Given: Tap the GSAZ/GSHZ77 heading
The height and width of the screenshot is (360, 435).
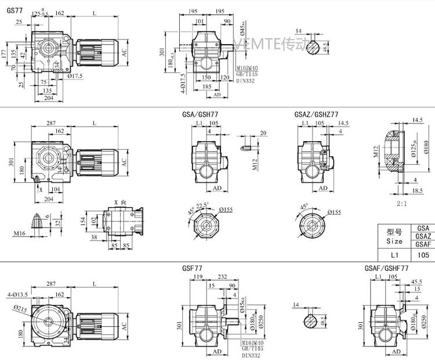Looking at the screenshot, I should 317,115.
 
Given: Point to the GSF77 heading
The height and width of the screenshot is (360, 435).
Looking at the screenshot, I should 193,269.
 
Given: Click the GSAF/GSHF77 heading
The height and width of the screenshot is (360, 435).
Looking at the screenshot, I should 387,269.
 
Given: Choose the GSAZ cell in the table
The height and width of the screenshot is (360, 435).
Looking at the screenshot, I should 423,236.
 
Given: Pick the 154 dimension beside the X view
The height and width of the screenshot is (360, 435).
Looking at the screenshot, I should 83,222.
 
